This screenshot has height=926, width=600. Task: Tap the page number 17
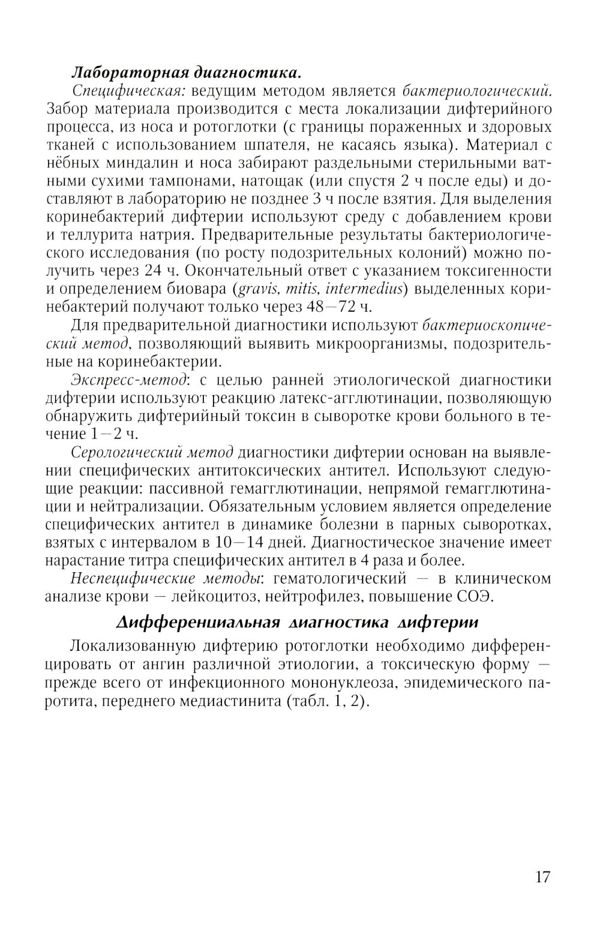tap(541, 877)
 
